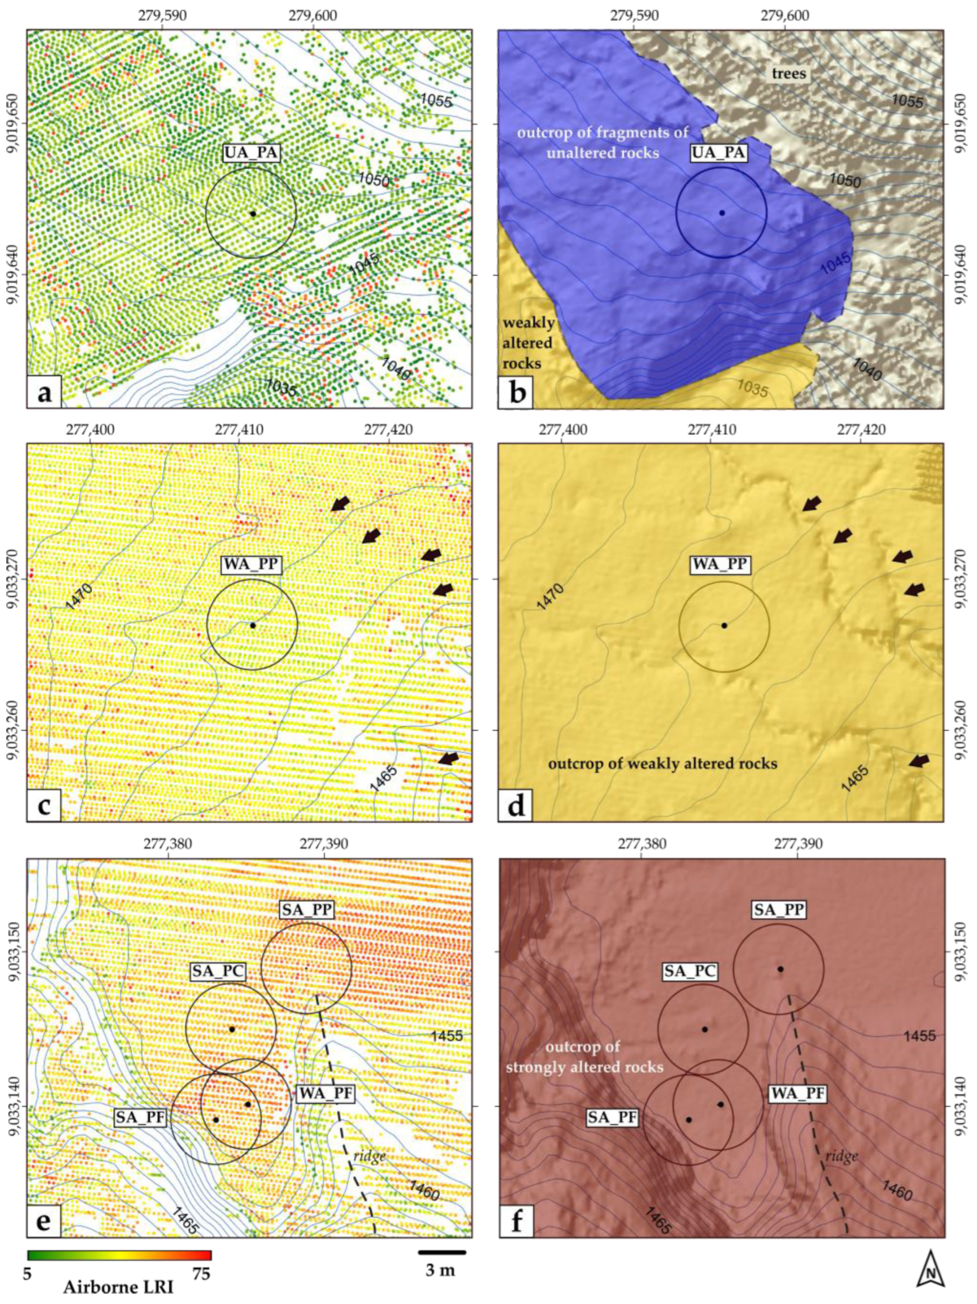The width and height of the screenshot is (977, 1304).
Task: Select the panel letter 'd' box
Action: pyautogui.click(x=515, y=805)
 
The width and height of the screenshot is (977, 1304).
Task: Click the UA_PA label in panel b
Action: pyautogui.click(x=719, y=154)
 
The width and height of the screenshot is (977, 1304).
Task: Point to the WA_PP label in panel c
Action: pyautogui.click(x=251, y=565)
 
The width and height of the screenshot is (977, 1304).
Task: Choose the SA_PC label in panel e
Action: pyautogui.click(x=217, y=972)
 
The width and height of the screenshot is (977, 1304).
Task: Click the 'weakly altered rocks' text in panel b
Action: pyautogui.click(x=529, y=343)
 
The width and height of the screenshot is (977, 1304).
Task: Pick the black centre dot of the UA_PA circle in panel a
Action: pyautogui.click(x=253, y=214)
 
